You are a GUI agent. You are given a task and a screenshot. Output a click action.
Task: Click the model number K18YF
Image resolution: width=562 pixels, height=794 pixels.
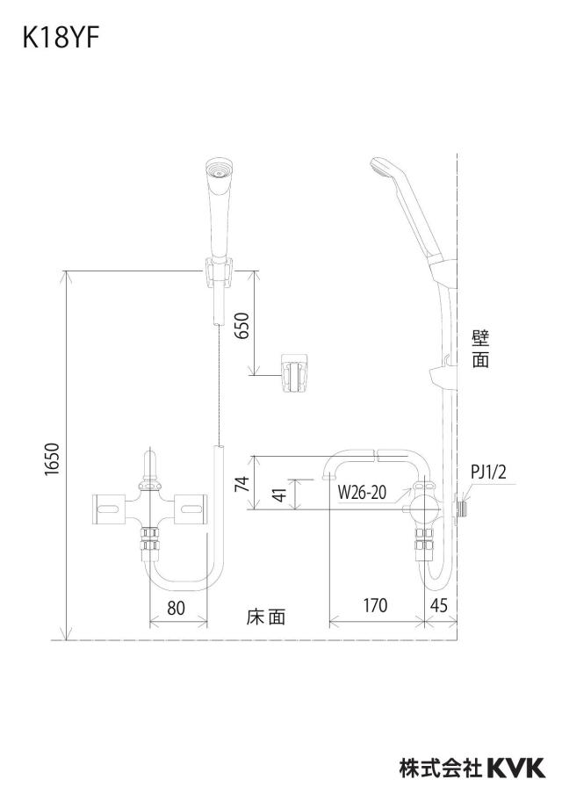click(61, 39)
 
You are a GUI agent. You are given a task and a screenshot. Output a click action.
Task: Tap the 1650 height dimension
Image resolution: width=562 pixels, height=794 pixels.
click(53, 459)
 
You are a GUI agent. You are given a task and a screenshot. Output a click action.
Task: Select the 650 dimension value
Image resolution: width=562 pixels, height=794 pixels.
click(243, 326)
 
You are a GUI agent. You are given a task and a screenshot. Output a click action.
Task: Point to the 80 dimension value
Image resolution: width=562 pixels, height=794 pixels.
click(176, 608)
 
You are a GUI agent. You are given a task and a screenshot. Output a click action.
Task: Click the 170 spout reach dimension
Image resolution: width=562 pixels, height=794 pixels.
click(375, 605)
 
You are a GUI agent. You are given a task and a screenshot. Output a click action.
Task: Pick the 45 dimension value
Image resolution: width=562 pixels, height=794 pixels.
click(439, 605)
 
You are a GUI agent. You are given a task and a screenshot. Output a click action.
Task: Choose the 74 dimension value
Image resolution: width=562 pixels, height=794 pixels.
click(244, 484)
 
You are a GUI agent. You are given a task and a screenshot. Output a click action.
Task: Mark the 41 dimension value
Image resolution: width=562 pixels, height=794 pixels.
click(279, 491)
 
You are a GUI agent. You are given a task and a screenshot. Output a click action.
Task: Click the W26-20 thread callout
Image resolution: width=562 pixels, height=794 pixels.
click(362, 492)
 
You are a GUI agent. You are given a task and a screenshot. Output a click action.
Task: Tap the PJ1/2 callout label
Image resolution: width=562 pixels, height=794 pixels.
click(488, 473)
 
